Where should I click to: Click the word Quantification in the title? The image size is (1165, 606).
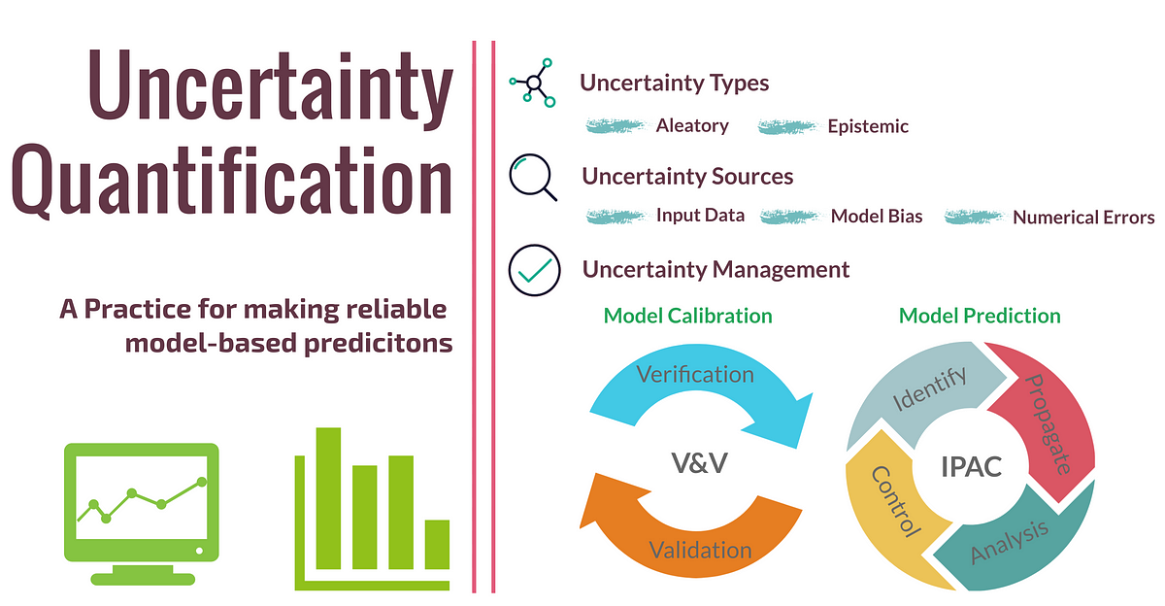pos(232,181)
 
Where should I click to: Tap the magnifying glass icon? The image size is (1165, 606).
pos(533,178)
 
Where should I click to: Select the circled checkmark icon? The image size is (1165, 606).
pos(534,270)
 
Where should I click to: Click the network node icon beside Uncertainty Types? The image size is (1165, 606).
pos(533,83)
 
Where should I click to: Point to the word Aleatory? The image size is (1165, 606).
pos(692,126)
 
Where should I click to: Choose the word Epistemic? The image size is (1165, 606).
pos(868,126)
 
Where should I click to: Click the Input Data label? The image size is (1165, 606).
pos(700,216)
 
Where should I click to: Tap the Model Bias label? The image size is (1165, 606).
pos(877,216)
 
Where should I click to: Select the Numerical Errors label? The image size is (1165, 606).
pos(1083,218)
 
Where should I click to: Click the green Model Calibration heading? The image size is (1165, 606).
pos(687,316)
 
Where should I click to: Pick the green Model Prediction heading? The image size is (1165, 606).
pos(980,316)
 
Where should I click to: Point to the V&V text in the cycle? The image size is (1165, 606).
pos(700,463)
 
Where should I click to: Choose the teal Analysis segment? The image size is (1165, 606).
pos(1015,546)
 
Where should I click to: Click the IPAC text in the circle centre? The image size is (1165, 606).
pos(971,466)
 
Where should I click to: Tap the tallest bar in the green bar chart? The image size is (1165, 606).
pos(328,498)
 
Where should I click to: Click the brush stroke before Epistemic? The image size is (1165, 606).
pos(787,127)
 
